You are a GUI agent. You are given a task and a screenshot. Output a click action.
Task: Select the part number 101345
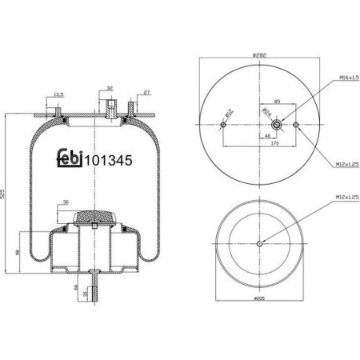tap(109, 158)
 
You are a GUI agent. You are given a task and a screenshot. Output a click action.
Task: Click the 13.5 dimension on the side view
tap(58, 95)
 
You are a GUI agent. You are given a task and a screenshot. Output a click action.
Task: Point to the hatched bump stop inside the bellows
tap(94, 218)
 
